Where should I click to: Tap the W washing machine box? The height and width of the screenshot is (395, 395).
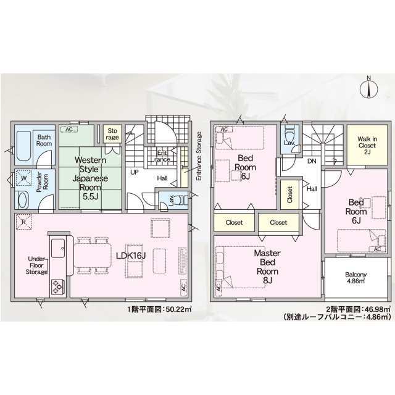24,180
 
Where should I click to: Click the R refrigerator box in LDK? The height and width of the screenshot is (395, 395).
23,222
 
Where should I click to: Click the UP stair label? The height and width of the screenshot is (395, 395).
134,172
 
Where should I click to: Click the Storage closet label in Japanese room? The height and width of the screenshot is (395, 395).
112,135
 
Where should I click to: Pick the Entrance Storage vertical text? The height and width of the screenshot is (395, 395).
199,156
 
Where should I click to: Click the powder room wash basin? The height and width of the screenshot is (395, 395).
23,201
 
